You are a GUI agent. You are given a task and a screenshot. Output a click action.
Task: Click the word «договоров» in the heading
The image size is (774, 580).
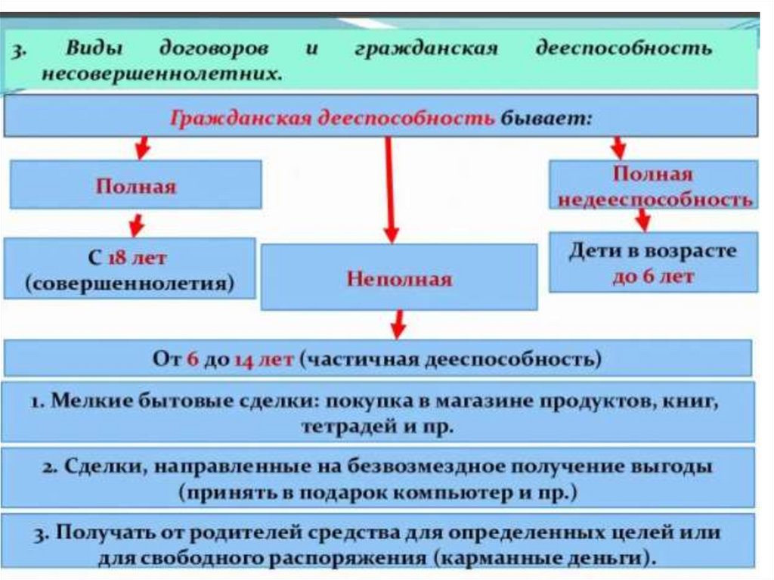(212, 50)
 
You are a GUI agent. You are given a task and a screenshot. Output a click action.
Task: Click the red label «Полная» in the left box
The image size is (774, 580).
(135, 186)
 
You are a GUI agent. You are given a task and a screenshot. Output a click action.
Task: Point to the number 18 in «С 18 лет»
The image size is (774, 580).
(116, 259)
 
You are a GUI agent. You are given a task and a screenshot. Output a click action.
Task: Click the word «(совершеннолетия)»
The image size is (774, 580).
(129, 284)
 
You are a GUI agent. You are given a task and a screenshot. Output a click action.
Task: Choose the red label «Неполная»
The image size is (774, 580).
(399, 279)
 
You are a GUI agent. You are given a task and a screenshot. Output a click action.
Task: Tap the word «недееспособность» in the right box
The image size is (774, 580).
(654, 200)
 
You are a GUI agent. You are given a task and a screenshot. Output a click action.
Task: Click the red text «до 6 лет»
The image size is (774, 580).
(653, 277)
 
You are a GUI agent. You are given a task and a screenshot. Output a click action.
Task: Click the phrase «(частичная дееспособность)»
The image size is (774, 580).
(451, 359)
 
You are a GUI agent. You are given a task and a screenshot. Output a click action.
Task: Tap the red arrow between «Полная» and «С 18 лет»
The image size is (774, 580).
(136, 223)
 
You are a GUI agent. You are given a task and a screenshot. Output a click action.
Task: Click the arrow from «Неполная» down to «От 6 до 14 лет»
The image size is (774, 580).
(398, 324)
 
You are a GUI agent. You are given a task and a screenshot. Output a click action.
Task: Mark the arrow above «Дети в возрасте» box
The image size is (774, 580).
(642, 220)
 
